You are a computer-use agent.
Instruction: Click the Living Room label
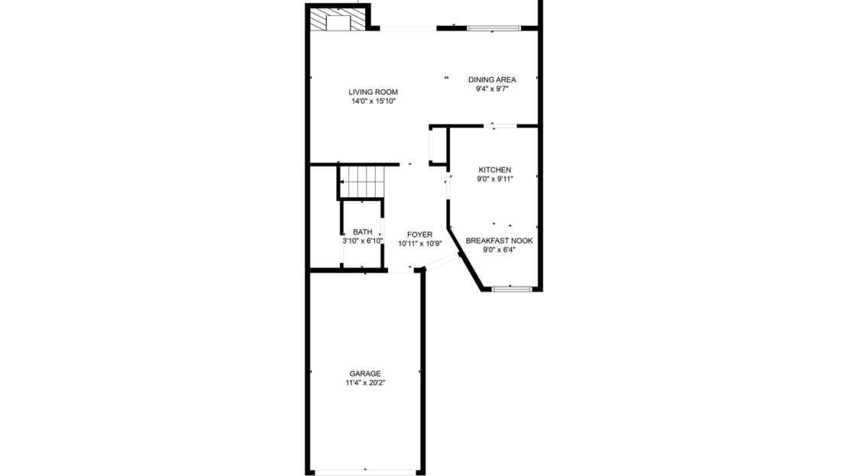pos(373,92)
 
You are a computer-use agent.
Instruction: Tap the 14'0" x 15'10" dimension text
pos(373,101)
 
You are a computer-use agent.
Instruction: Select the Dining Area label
pos(492,79)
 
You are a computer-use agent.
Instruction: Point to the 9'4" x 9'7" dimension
pos(492,89)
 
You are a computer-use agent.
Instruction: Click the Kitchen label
pos(495,170)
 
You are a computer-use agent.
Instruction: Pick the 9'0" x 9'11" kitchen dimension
pos(495,179)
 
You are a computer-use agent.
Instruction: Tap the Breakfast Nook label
pos(499,240)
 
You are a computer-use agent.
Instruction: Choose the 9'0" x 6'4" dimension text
pos(499,249)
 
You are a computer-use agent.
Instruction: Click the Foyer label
pos(419,235)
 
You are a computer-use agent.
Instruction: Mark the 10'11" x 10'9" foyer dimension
pos(419,244)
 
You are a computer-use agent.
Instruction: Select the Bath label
pos(362,232)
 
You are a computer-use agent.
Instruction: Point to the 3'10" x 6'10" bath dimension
pos(362,241)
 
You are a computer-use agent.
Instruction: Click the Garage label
pos(365,374)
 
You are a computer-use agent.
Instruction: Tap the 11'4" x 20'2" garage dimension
pos(365,383)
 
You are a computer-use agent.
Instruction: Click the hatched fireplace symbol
pos(336,21)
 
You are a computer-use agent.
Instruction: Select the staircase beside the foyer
pos(361,181)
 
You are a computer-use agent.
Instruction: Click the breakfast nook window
pos(511,289)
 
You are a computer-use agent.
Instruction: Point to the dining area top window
pos(494,29)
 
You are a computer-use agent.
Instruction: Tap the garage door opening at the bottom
pos(366,471)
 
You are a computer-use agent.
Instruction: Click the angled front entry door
pos(442,263)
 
